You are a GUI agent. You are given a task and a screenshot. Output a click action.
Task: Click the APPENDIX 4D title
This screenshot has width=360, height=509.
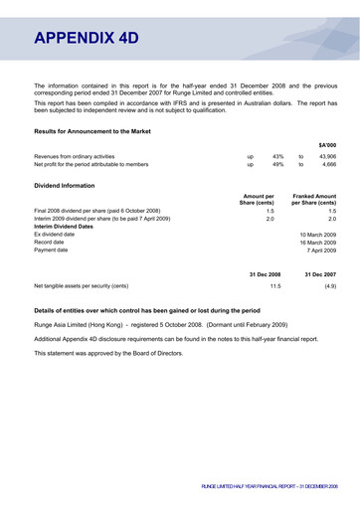(x=86, y=39)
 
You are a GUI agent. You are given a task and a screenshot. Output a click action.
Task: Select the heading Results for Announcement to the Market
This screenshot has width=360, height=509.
(x=92, y=130)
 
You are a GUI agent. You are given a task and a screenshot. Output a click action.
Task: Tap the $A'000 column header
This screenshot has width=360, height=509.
(x=327, y=144)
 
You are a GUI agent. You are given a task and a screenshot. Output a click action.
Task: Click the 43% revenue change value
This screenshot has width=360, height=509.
(x=278, y=156)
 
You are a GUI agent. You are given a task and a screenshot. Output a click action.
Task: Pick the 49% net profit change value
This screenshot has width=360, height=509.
(x=278, y=165)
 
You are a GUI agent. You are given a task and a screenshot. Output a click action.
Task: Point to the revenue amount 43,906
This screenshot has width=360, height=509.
(x=327, y=156)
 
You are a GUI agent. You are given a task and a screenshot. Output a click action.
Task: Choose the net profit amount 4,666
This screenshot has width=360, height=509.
(x=329, y=165)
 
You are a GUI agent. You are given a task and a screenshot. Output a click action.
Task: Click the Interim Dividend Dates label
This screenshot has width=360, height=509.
(x=69, y=227)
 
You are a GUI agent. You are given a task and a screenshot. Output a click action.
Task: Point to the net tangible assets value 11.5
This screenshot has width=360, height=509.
(x=275, y=285)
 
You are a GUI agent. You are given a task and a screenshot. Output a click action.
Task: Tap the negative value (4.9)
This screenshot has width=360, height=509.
(x=329, y=285)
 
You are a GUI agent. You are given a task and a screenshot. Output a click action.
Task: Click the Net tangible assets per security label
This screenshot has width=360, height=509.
(x=82, y=285)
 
